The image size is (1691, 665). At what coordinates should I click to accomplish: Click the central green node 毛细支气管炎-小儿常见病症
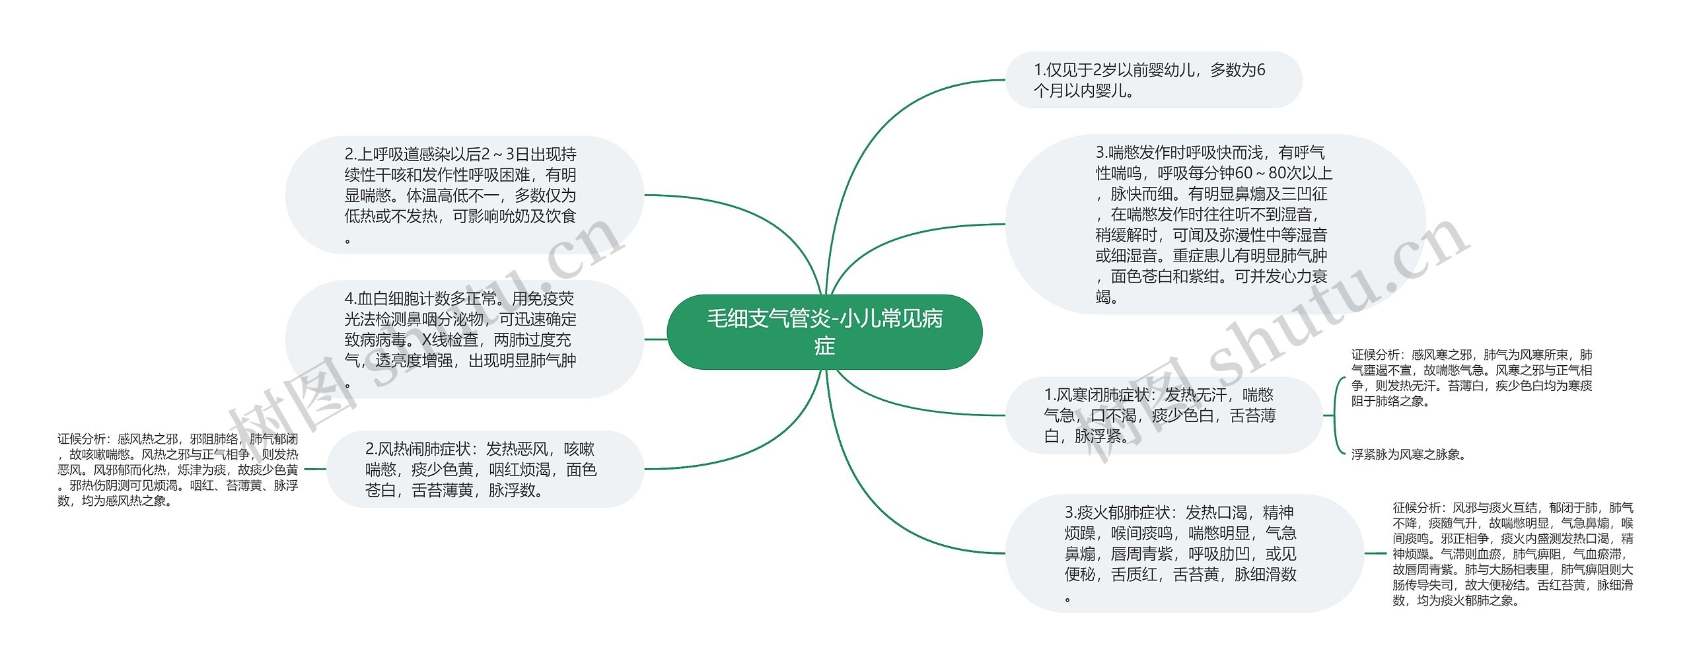click(x=824, y=332)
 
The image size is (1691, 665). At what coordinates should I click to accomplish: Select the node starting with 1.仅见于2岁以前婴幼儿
click(x=1152, y=80)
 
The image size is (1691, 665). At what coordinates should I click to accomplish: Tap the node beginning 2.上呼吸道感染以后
click(x=462, y=195)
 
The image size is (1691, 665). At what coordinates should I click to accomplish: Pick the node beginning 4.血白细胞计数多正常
click(x=462, y=339)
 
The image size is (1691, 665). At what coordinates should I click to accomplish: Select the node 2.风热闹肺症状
click(x=482, y=470)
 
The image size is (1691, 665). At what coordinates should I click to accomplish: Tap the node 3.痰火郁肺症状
click(x=1182, y=553)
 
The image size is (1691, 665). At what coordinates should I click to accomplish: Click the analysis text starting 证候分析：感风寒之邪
click(x=1472, y=378)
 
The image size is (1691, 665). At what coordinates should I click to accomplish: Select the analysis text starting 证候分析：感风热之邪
click(x=178, y=470)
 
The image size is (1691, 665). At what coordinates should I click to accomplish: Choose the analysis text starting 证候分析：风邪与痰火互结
click(x=1513, y=553)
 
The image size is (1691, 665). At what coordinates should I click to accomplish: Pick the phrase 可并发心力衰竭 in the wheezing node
click(x=1281, y=277)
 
